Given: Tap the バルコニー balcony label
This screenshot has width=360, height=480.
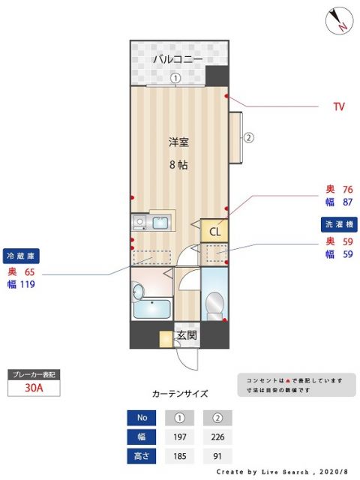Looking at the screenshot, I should point(178,58).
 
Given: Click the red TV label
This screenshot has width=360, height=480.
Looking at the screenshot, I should point(338,106).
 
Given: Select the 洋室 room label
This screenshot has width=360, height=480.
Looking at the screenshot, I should point(178,142).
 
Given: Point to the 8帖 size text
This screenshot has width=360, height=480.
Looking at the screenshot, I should point(178,165).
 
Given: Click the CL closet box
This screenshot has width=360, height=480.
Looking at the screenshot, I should point(214,231).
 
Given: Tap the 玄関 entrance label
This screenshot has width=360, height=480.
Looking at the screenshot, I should point(186,336).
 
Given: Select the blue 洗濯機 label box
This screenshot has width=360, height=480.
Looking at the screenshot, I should point(339,223).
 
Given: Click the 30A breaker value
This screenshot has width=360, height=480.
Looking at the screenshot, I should point(33,388).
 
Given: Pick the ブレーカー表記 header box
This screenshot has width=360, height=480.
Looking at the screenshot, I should point(33,373).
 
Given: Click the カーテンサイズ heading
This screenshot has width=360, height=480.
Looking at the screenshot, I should point(180,393).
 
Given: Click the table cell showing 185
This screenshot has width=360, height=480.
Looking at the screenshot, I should point(179,456).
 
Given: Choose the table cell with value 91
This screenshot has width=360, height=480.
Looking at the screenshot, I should point(218,456).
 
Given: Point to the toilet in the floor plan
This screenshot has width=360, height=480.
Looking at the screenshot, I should point(214,301).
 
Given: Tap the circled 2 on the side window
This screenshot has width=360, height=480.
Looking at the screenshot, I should point(248,137).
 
